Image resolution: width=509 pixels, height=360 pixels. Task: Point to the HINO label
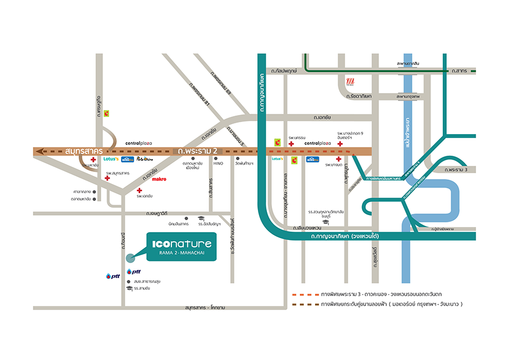click(218, 163)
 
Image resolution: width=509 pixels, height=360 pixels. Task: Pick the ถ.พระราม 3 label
click(458, 170)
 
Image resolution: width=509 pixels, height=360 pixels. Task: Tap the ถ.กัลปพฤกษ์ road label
click(286, 71)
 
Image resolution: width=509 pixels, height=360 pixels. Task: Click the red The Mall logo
click(350, 82)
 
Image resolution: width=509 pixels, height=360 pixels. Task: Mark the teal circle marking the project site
click(131, 258)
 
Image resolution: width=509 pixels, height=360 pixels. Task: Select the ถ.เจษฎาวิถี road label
click(158, 213)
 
